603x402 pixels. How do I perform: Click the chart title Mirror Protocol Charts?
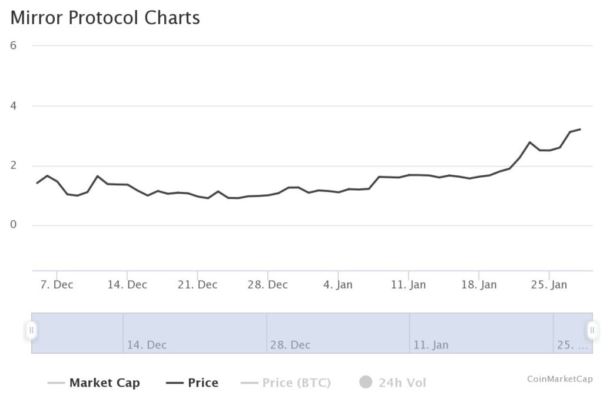[105, 18]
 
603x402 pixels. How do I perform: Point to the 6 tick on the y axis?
[13, 45]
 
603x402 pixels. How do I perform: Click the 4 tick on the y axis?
[13, 106]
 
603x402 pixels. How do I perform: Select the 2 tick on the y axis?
[13, 166]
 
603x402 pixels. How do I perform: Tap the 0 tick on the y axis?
[13, 225]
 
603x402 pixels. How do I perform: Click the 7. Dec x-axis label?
[57, 285]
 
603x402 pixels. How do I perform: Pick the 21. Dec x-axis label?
[198, 285]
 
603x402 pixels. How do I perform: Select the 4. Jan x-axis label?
[338, 285]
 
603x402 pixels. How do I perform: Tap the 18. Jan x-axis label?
[479, 285]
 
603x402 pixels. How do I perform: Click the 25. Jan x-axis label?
[549, 285]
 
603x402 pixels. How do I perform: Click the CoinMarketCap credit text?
[559, 379]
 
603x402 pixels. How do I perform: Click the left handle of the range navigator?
[32, 330]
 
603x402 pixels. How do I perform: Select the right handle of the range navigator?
[592, 330]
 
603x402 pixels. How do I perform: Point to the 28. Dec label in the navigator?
[290, 345]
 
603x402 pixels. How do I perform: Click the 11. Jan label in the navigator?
[430, 345]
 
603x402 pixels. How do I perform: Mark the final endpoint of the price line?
[580, 129]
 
